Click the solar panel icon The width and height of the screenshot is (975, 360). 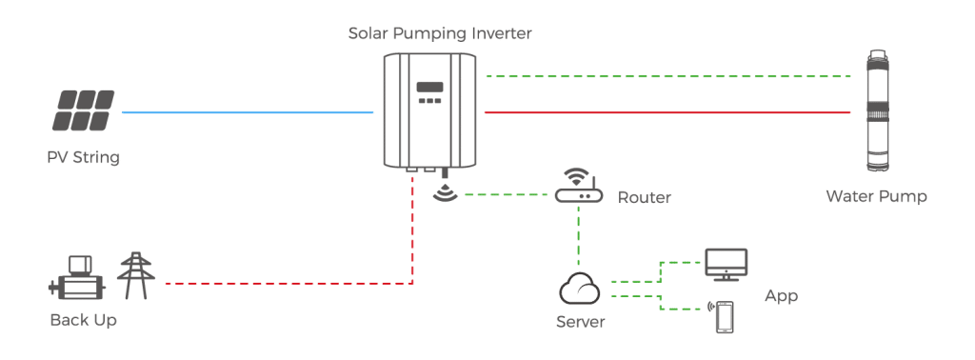[x=84, y=110]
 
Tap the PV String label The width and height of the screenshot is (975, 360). [x=84, y=157]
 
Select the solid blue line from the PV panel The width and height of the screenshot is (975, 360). [x=248, y=112]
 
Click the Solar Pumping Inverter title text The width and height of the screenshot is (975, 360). [x=440, y=34]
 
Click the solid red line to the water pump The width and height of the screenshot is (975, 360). [x=667, y=112]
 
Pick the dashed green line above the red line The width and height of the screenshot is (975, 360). [x=667, y=75]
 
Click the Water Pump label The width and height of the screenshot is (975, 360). [x=876, y=196]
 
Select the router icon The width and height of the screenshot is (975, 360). [x=578, y=190]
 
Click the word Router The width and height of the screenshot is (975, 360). [x=644, y=198]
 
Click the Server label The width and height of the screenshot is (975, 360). [x=580, y=322]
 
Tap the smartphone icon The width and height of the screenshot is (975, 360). [x=726, y=316]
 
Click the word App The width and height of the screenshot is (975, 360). [x=781, y=296]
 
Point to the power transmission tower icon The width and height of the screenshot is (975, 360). [x=133, y=275]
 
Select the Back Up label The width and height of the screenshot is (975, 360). [x=84, y=321]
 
